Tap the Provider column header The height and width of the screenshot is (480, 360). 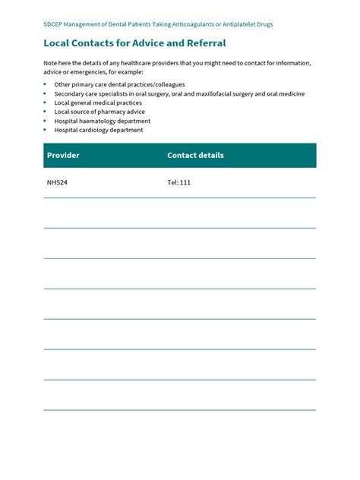click(x=63, y=156)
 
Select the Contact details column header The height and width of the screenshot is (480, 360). click(x=195, y=156)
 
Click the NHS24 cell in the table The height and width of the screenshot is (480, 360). click(x=57, y=183)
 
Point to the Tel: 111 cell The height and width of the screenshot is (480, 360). click(x=178, y=183)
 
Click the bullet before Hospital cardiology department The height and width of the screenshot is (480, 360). click(x=46, y=130)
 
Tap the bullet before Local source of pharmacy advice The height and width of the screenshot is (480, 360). click(x=46, y=112)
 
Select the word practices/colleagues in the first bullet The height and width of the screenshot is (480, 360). click(x=152, y=84)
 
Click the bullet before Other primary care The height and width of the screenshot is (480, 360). click(x=46, y=84)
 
